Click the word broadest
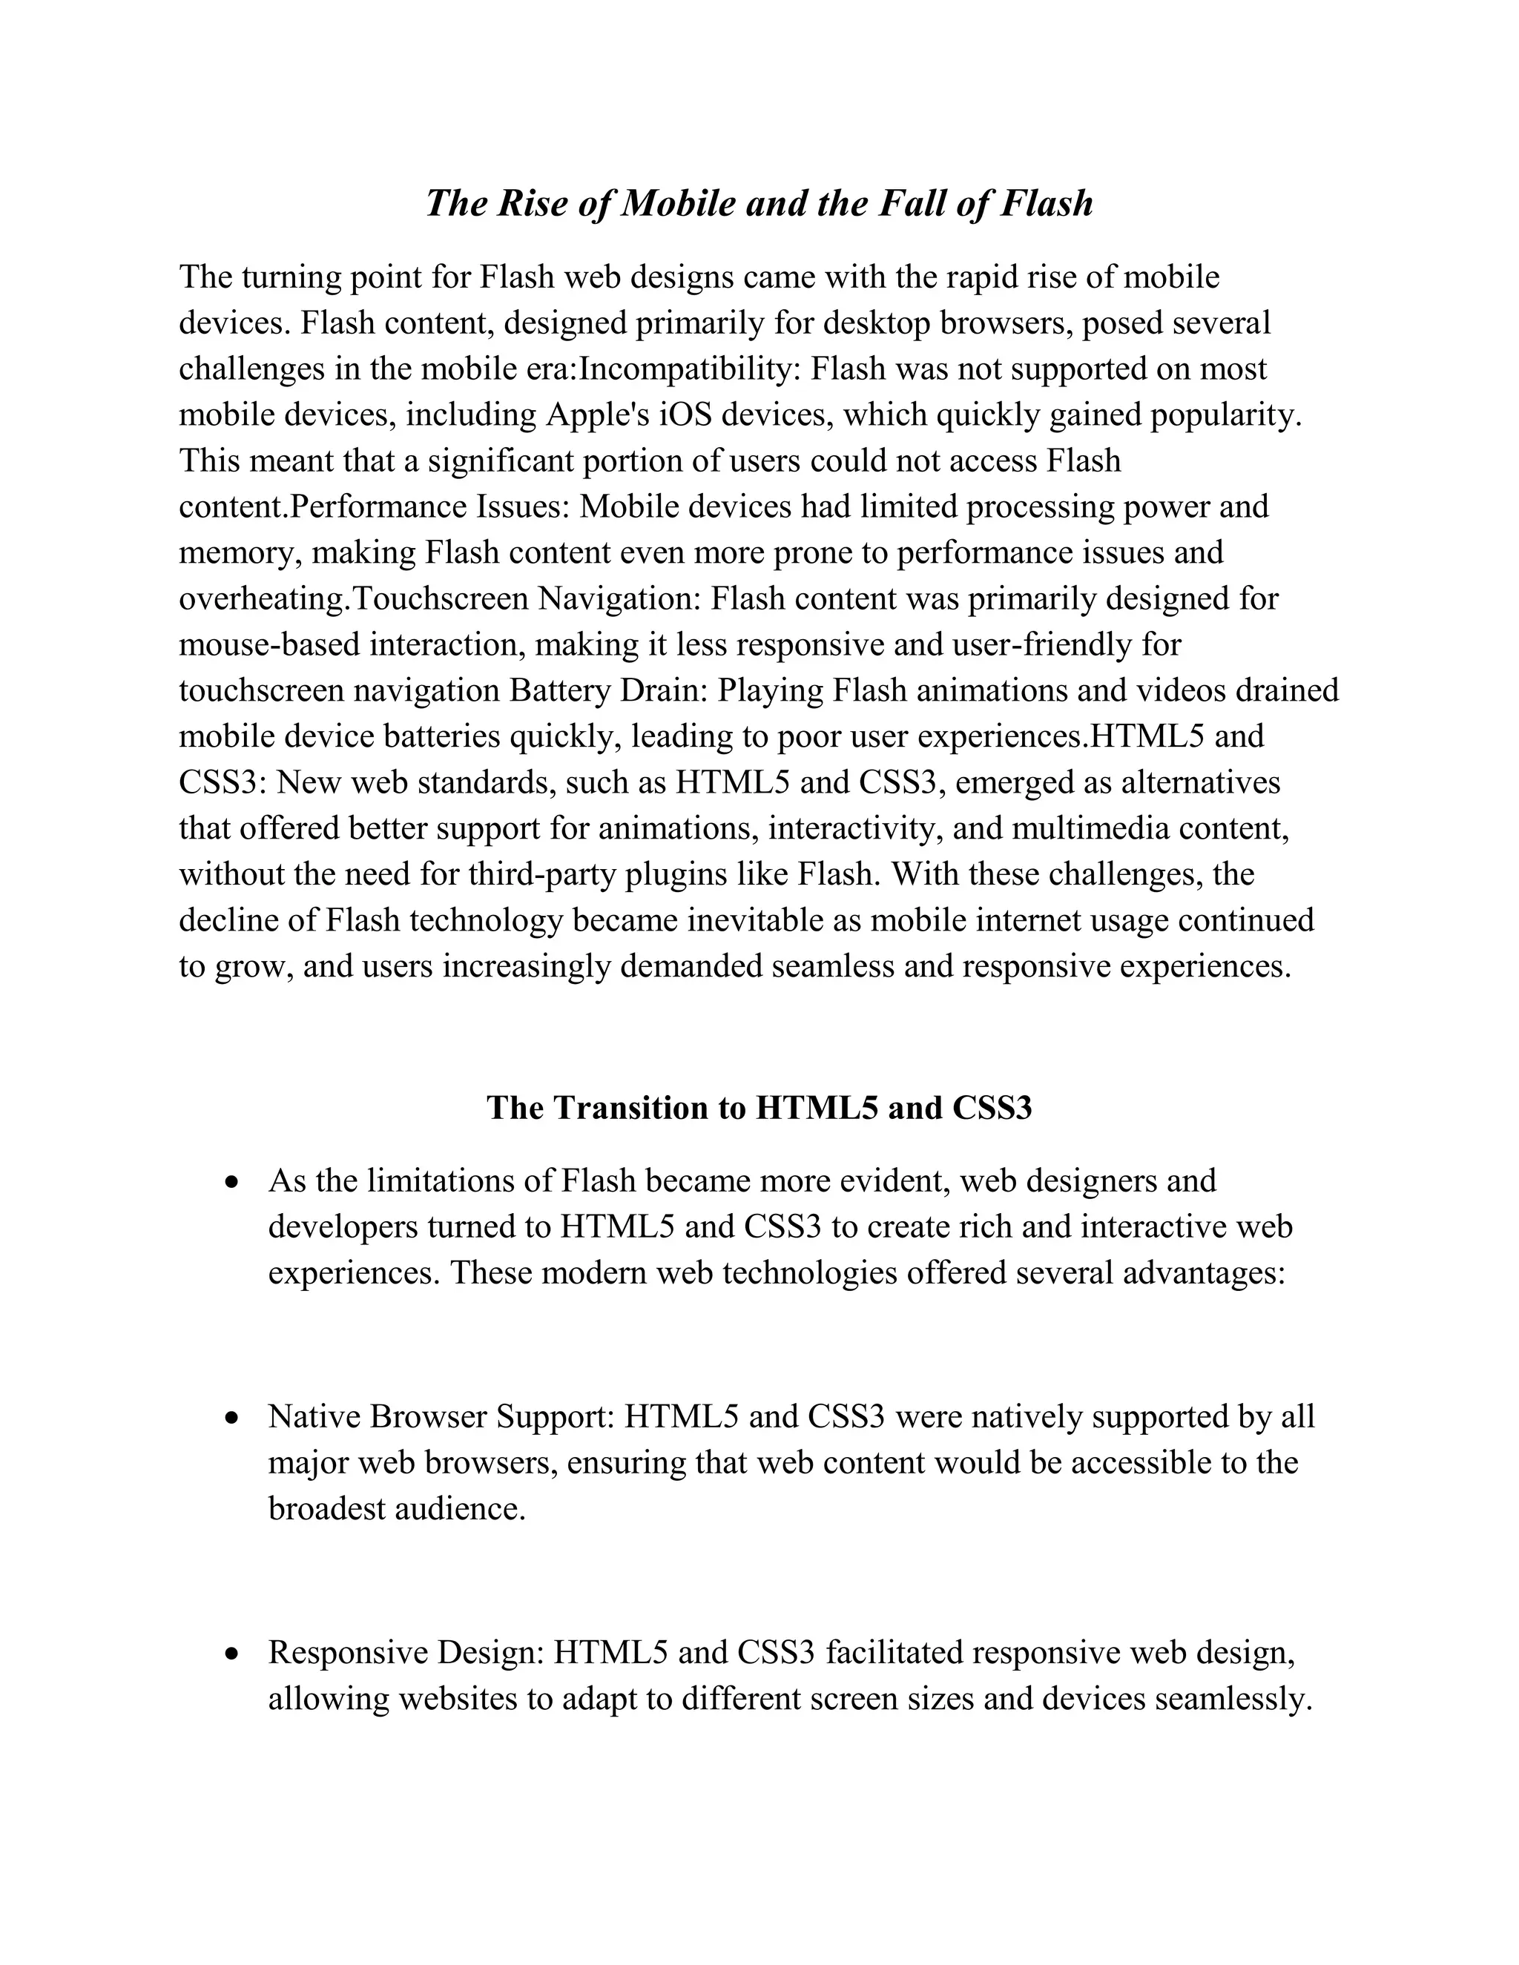coord(326,1509)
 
